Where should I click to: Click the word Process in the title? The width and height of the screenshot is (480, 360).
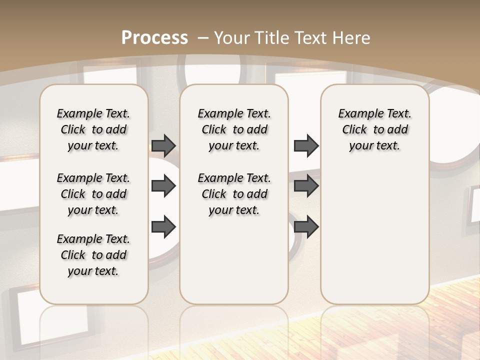[x=154, y=37]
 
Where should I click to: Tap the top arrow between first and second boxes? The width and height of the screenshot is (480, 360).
[x=163, y=145]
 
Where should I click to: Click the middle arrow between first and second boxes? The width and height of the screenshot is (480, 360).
[x=163, y=186]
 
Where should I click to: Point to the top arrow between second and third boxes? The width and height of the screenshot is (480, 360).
[x=306, y=145]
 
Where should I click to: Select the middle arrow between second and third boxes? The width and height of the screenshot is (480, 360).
[x=306, y=186]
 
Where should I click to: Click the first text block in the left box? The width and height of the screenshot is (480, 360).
[x=93, y=129]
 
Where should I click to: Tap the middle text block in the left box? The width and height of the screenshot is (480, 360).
[x=93, y=194]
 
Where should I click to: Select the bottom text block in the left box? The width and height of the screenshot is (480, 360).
[x=93, y=255]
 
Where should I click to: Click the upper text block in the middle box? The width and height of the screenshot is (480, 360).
[x=234, y=129]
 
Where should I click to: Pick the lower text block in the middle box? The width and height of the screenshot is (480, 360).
[x=234, y=194]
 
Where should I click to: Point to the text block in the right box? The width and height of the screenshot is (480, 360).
[x=375, y=129]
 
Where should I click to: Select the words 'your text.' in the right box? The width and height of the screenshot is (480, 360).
[x=374, y=146]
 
